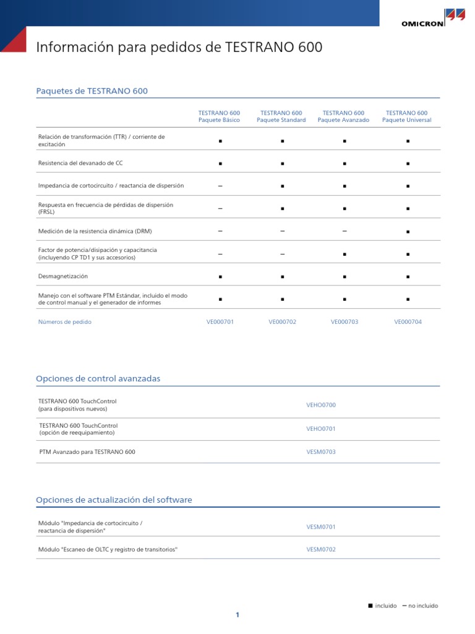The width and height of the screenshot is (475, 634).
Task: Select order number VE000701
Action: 220,322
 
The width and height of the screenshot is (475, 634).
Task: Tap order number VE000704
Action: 408,322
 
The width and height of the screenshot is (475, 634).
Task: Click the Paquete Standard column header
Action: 281,116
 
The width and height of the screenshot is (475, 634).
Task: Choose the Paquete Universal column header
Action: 406,116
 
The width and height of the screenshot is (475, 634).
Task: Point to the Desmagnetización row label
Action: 63,276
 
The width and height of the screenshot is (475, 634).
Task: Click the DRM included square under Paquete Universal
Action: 408,232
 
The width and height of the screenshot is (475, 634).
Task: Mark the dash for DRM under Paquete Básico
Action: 220,231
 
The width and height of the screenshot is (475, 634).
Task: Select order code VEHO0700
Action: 321,405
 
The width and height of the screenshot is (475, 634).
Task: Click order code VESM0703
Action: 321,452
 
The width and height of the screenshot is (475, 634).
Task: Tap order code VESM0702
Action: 321,549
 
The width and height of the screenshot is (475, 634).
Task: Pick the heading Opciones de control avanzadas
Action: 98,378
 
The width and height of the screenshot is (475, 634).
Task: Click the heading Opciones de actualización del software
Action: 114,500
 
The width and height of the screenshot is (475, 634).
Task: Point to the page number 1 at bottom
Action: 237,615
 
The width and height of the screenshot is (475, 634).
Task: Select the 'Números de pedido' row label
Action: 65,322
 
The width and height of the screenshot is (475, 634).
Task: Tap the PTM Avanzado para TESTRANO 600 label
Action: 87,452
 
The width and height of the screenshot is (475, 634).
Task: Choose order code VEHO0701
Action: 321,428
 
